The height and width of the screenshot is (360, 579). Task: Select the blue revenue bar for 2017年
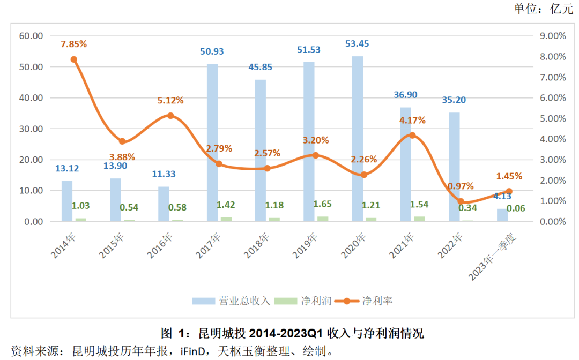pyautogui.click(x=212, y=142)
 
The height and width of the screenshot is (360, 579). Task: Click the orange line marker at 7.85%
pyautogui.click(x=73, y=59)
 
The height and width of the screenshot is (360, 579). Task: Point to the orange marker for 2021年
pyautogui.click(x=412, y=135)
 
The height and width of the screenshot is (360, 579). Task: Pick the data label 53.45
pyautogui.click(x=357, y=44)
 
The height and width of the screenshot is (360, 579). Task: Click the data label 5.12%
pyautogui.click(x=170, y=100)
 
